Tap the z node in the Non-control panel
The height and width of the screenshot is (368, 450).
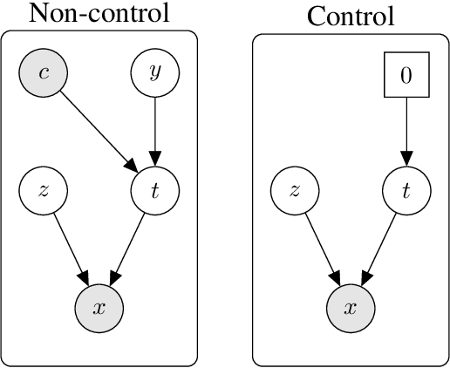[x=44, y=190]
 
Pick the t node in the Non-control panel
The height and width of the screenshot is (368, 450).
[x=154, y=190]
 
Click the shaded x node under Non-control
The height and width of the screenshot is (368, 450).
[x=99, y=307]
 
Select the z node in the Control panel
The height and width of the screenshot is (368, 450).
[x=295, y=190]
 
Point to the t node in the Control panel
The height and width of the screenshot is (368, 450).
[x=406, y=190]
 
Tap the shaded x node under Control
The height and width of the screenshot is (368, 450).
[x=350, y=307]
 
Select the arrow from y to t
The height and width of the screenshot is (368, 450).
[x=154, y=131]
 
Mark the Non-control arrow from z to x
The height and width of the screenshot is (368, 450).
[x=71, y=249]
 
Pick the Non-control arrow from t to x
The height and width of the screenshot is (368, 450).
[x=127, y=249]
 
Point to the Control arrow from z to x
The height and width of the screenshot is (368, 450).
[x=322, y=249]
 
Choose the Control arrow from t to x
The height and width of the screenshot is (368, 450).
[x=378, y=249]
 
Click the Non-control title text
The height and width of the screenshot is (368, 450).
[x=99, y=13]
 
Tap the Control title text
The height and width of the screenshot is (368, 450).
[x=351, y=16]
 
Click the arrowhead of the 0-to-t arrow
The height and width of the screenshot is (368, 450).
[x=406, y=159]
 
